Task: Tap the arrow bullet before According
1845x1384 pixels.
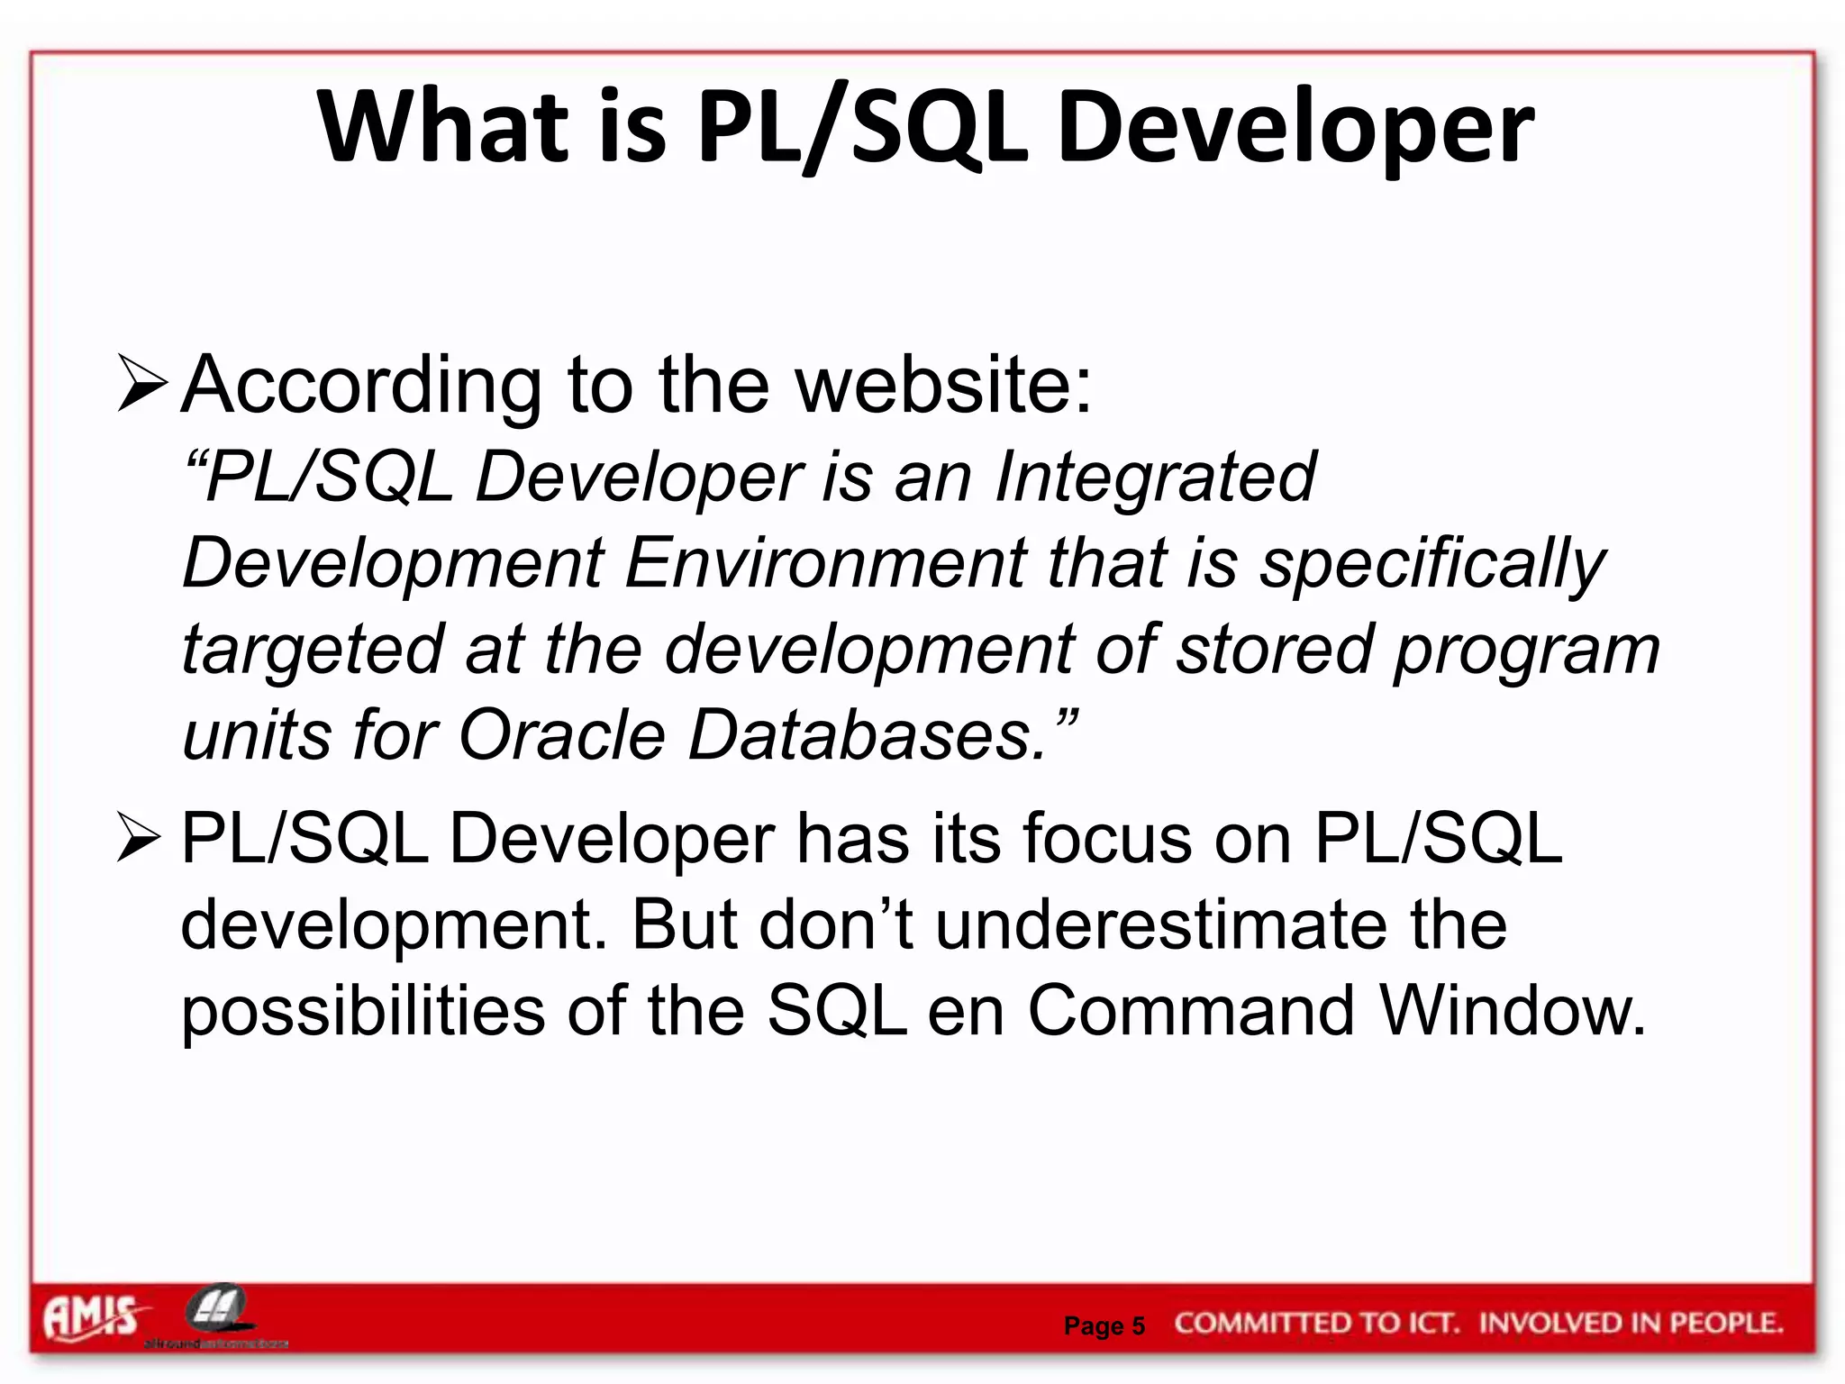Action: coord(142,385)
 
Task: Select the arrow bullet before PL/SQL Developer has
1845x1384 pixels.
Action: coord(140,837)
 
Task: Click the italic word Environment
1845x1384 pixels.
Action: coord(825,562)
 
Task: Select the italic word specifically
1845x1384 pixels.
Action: coord(1432,564)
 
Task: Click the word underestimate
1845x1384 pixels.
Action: coord(1162,924)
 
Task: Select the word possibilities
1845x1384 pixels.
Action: coord(362,1011)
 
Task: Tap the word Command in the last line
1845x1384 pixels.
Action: coord(1191,1011)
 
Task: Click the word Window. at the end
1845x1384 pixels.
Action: coord(1513,1011)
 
